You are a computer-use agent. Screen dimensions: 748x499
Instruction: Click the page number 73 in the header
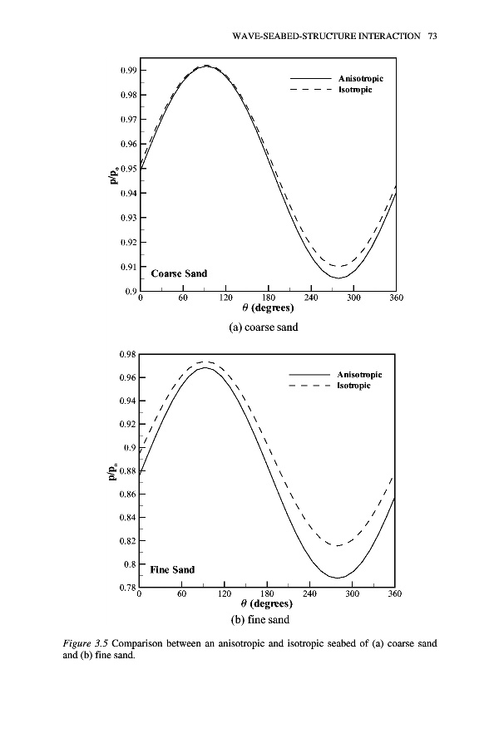[432, 37]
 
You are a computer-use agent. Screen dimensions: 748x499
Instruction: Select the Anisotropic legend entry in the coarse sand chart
[360, 79]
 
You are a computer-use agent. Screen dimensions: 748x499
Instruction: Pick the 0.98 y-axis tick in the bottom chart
[127, 355]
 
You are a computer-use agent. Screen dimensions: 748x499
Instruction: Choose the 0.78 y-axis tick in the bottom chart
[127, 588]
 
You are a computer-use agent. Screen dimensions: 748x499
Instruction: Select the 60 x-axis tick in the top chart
[183, 298]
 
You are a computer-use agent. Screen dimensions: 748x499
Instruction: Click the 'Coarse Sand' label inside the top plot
[179, 273]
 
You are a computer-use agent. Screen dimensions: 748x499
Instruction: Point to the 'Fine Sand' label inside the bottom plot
[172, 570]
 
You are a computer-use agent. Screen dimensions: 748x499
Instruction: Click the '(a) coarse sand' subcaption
[263, 327]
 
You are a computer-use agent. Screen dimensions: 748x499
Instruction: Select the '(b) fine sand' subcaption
[263, 620]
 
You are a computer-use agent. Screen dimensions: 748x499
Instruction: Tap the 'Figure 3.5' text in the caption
[86, 643]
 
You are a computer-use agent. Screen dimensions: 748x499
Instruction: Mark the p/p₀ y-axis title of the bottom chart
[111, 474]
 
